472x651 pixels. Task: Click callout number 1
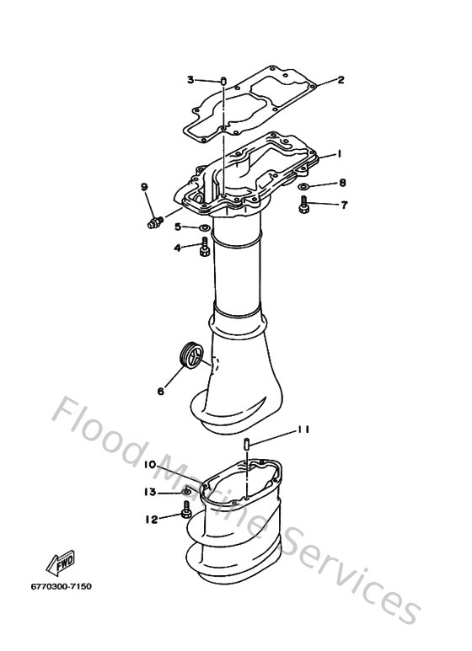point(338,154)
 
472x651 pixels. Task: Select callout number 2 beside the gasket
point(341,81)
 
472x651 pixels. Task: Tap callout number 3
point(190,80)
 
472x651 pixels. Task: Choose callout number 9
point(144,187)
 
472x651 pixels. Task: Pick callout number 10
point(148,465)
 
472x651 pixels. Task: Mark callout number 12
point(150,520)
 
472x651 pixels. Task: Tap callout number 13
point(150,492)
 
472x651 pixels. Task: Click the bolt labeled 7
point(304,202)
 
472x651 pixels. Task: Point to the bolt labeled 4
point(205,248)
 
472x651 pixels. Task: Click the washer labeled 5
point(205,227)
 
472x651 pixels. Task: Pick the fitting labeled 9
point(153,223)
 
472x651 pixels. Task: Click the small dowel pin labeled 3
point(223,82)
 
